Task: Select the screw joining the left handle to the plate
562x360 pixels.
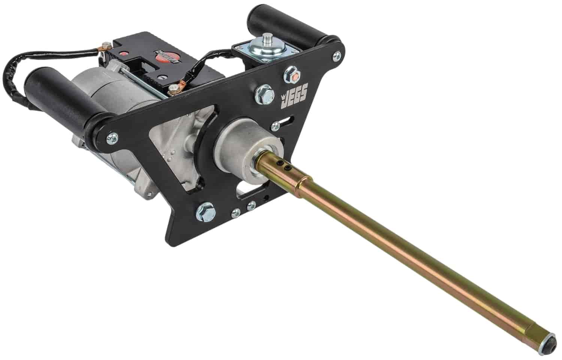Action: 111,137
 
